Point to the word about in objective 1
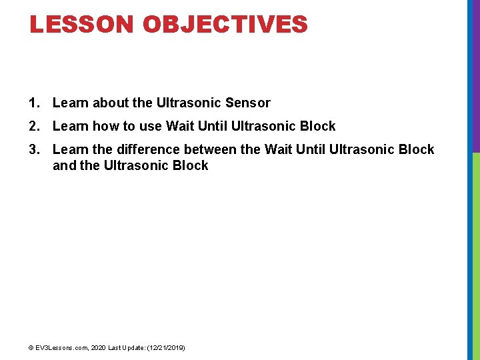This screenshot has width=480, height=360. click(x=111, y=103)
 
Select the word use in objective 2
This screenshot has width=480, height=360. click(x=151, y=126)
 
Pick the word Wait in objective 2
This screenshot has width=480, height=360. click(x=180, y=126)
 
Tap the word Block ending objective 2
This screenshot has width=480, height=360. click(x=317, y=126)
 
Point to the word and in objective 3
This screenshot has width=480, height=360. click(x=64, y=165)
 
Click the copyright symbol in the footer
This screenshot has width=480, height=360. click(x=31, y=348)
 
